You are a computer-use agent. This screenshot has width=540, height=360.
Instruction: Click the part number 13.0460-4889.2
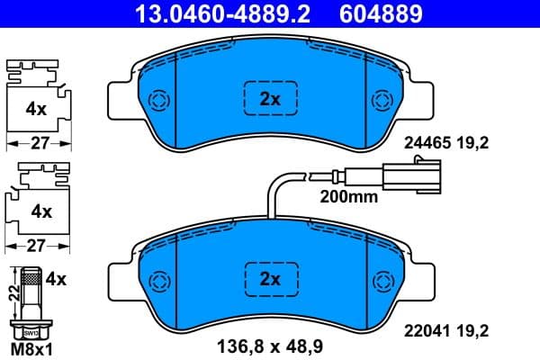coord(209,13)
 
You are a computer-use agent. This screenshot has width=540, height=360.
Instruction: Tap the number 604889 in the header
coord(379,13)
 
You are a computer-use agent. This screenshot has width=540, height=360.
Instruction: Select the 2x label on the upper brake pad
coord(271,100)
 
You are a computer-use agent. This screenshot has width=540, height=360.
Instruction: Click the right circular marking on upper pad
coord(382,100)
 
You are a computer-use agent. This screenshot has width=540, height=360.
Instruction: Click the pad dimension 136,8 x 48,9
coord(270,345)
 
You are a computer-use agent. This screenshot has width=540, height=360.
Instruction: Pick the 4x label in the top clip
coord(36,109)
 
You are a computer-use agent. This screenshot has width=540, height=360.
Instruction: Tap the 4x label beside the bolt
coord(56,279)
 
